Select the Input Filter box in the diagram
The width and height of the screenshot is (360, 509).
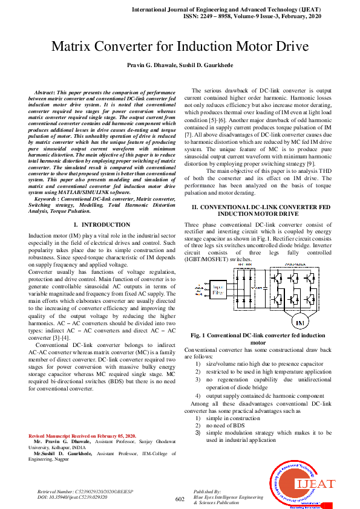(x=218, y=289)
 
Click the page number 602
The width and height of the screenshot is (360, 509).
(x=179, y=499)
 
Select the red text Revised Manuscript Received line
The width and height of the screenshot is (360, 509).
(x=83, y=436)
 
